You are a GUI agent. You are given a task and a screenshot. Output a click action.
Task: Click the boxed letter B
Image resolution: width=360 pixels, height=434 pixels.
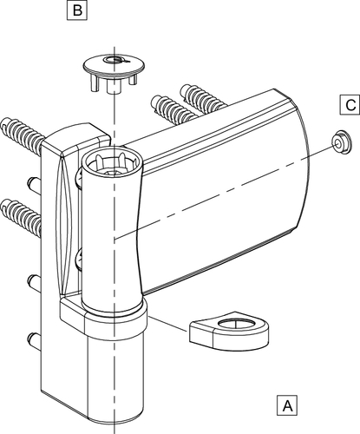(x=77, y=10)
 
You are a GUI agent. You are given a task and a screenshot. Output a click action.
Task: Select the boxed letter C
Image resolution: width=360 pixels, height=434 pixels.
(x=350, y=105)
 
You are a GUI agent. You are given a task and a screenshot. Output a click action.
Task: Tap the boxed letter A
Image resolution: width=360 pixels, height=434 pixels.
(x=287, y=406)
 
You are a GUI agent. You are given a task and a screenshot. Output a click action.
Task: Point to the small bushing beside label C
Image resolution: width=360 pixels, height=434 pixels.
(x=341, y=142)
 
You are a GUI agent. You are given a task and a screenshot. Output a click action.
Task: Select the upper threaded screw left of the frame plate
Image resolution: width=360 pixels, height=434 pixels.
(x=22, y=132)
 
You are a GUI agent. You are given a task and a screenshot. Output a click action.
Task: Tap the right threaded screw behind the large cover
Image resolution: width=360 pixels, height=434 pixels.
(x=202, y=99)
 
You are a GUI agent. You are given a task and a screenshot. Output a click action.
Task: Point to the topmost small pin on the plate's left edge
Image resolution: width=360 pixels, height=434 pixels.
(x=34, y=185)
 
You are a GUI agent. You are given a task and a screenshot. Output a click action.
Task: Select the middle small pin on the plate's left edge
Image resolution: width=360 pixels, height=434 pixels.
(x=34, y=282)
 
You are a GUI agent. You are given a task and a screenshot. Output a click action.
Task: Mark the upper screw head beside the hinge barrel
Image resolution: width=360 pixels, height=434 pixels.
(x=78, y=179)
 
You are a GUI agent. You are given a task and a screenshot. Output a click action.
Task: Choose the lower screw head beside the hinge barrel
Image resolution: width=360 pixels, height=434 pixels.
(x=78, y=260)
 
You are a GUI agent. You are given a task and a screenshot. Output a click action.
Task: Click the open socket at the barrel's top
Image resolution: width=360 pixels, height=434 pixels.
(x=112, y=165)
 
